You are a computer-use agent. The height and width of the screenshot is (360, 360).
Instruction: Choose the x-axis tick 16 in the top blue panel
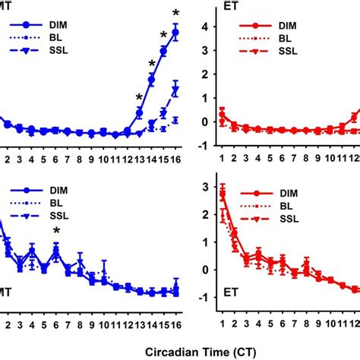point(175,159)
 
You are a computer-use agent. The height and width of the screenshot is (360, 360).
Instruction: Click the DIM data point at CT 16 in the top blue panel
point(175,33)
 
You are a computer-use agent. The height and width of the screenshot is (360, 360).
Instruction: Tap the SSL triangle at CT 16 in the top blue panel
point(175,90)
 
